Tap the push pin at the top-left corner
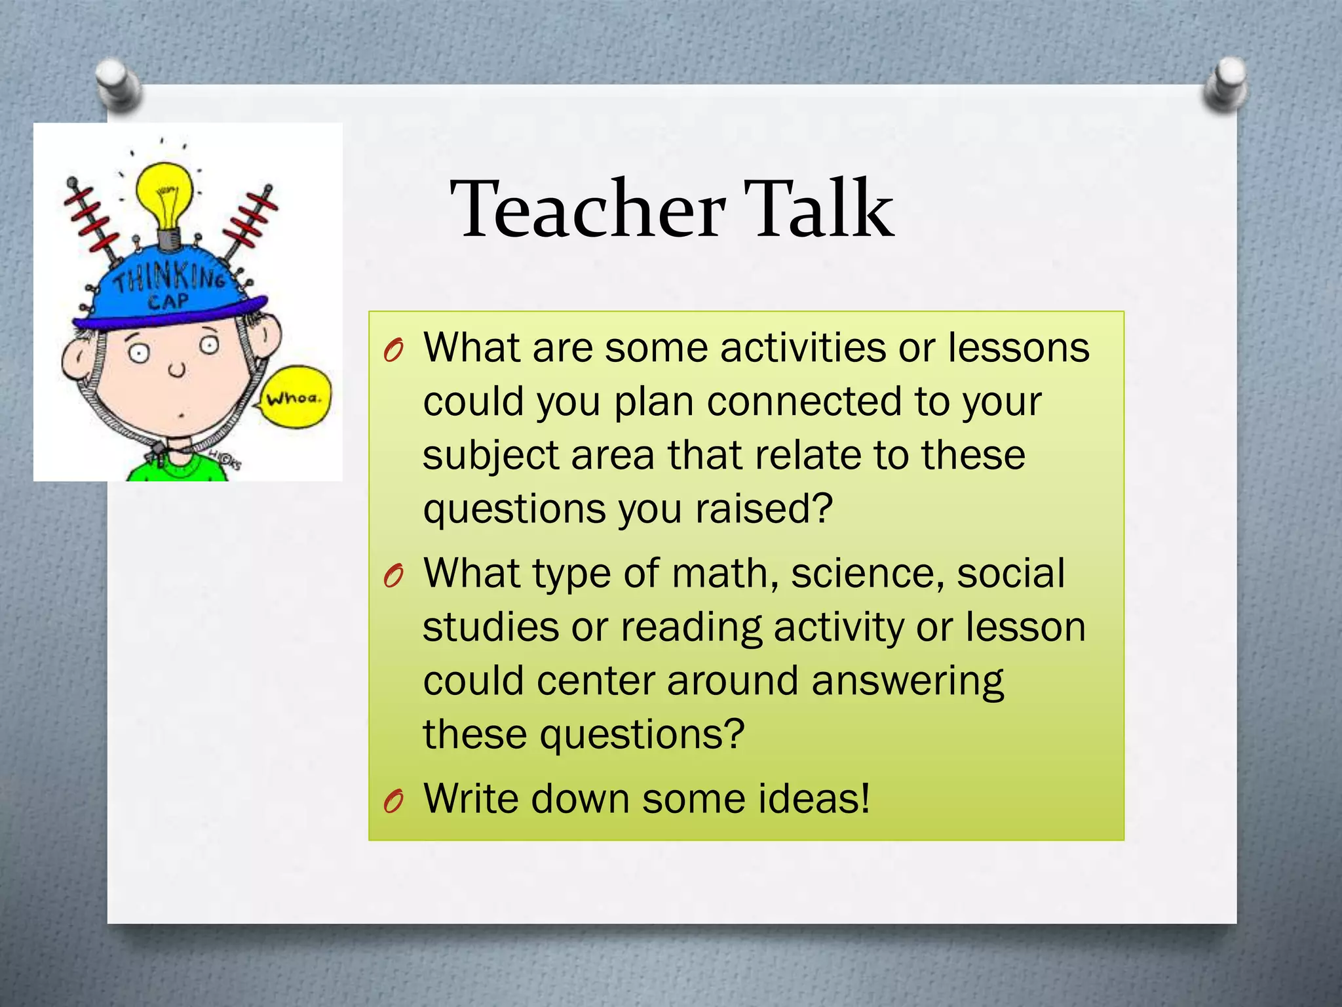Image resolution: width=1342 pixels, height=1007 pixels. (x=117, y=81)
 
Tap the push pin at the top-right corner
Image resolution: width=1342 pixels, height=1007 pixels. (x=1225, y=83)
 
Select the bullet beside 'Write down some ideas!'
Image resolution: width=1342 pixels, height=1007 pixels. (x=393, y=800)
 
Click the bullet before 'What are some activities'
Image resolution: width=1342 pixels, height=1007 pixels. (x=393, y=351)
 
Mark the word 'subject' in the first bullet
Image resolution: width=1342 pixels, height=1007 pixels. (x=491, y=456)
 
